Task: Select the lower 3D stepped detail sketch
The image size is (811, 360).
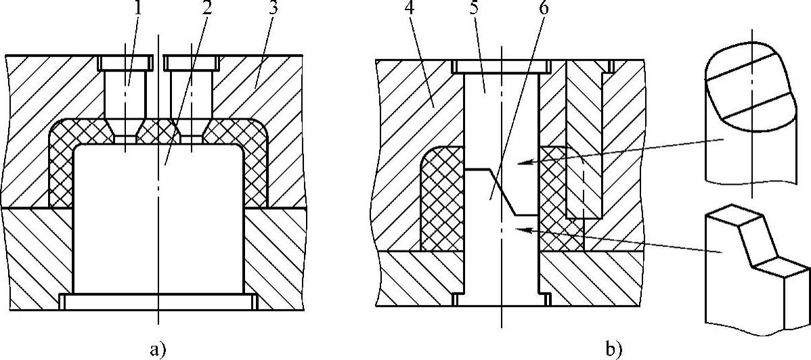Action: click(751, 271)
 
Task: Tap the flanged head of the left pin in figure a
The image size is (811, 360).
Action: click(125, 64)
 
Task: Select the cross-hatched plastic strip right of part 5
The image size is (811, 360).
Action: click(552, 196)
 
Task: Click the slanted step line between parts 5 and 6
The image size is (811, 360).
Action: click(502, 192)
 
